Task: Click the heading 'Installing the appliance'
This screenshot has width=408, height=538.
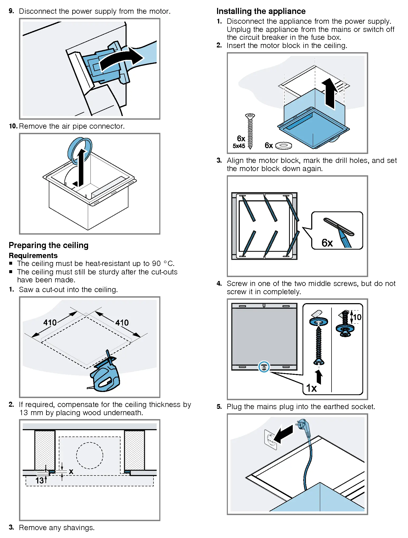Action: click(x=261, y=11)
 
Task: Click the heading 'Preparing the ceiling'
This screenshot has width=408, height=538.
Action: click(x=49, y=245)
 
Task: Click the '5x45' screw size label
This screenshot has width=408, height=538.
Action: click(x=239, y=146)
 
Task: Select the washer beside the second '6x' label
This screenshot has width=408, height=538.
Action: click(x=284, y=145)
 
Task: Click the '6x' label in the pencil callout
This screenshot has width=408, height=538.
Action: click(x=327, y=243)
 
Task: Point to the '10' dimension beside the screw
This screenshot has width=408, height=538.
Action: click(x=357, y=317)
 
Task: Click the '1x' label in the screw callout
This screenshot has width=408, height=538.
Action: click(x=311, y=388)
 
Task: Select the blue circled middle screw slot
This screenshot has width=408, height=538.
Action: click(x=264, y=367)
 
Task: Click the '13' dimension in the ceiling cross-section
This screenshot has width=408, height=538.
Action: click(x=40, y=481)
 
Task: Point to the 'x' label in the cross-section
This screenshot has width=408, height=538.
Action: click(x=71, y=471)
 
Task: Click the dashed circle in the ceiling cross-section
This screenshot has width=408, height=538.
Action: click(x=89, y=455)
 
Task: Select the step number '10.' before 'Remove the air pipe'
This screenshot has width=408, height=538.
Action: click(x=13, y=126)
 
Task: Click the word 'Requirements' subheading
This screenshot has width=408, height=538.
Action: click(x=33, y=255)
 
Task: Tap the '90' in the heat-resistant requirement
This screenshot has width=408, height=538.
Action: click(x=156, y=264)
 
